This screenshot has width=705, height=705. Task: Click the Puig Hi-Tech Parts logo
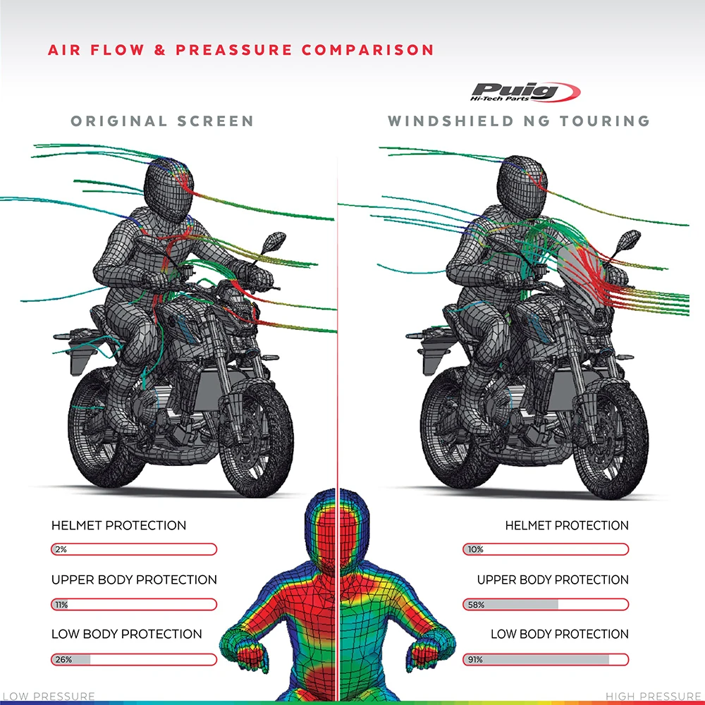[525, 92]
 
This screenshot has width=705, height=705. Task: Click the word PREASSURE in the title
[233, 50]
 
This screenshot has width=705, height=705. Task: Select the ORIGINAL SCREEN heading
[162, 121]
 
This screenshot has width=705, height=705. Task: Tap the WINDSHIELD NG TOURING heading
[519, 121]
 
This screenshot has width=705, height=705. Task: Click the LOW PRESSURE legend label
[48, 697]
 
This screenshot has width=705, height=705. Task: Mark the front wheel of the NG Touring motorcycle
[611, 437]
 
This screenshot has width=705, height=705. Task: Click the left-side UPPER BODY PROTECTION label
[134, 580]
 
